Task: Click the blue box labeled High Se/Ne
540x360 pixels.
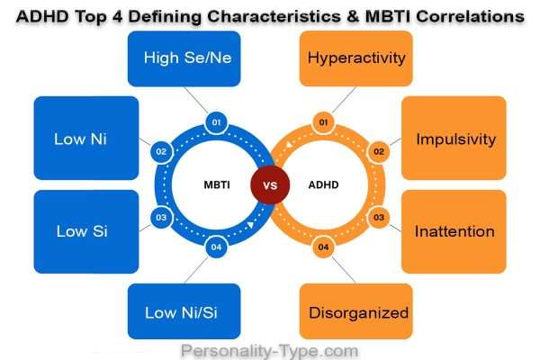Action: coord(184,58)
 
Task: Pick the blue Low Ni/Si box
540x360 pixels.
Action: coord(184,312)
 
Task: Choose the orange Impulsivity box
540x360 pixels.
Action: coord(454,139)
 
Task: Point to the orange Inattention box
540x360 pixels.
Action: coord(454,231)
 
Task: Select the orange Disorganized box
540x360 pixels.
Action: coord(356,312)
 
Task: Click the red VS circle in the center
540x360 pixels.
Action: coord(270,184)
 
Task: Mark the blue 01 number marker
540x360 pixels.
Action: coord(214,120)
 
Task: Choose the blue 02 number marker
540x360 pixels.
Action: coord(162,151)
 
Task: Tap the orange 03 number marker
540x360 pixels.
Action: coord(378,217)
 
